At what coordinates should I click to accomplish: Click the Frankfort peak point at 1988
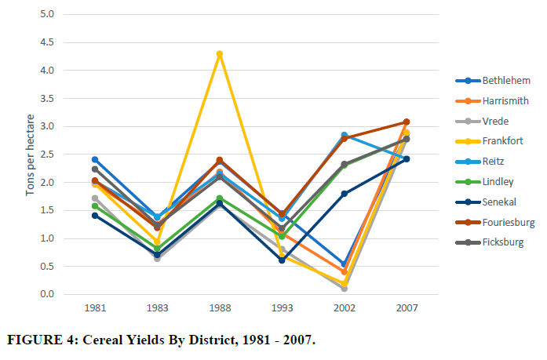click(220, 54)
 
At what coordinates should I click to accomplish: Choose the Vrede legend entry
click(497, 122)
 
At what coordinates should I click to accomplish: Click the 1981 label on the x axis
click(96, 308)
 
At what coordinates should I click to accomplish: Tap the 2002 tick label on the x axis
click(344, 308)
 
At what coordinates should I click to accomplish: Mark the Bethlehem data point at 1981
click(96, 159)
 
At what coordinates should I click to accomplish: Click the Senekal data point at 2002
click(344, 194)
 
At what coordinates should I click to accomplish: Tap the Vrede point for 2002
click(344, 289)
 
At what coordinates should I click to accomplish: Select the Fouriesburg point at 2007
click(406, 122)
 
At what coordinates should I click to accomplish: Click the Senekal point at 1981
click(96, 215)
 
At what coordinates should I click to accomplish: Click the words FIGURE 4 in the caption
click(39, 342)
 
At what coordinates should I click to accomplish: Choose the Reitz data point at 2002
click(344, 135)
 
